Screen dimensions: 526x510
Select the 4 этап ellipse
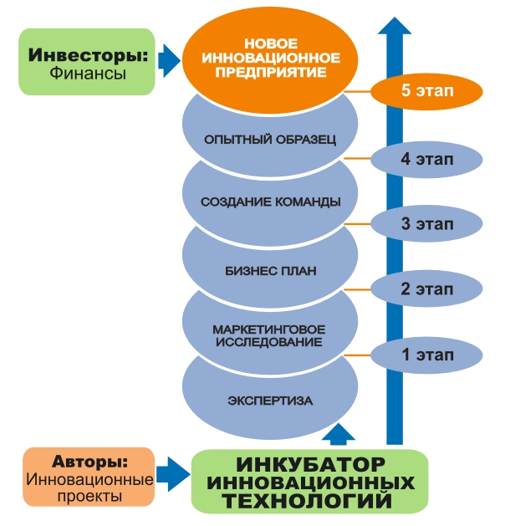(x=427, y=159)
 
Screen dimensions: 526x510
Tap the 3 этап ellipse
(x=427, y=223)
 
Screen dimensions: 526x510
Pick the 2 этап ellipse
(x=427, y=289)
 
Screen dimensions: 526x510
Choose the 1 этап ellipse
(x=427, y=355)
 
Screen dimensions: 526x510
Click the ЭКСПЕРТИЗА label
(x=270, y=401)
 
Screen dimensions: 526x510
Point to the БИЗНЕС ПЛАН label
(x=270, y=271)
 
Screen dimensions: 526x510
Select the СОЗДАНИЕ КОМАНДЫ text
(x=270, y=202)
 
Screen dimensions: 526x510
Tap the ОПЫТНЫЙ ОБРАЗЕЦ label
(x=270, y=139)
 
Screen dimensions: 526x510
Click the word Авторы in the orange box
(x=89, y=461)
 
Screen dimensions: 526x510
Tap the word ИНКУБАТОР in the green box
(x=310, y=464)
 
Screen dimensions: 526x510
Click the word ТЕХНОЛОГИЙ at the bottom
(x=311, y=500)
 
